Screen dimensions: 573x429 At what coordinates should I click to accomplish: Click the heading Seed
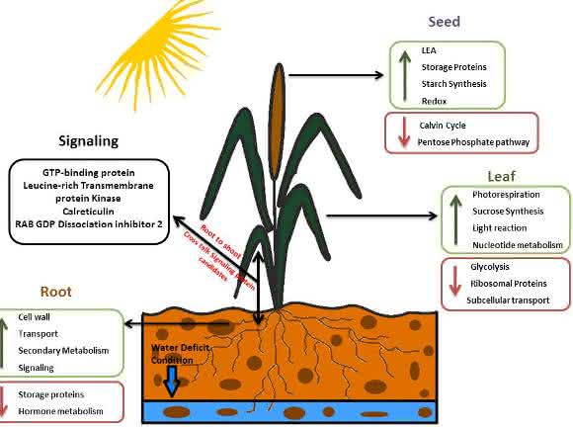444,22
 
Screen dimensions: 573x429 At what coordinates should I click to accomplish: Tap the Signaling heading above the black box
89,141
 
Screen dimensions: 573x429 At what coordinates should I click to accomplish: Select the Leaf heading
502,176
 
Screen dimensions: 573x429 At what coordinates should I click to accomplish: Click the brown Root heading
56,292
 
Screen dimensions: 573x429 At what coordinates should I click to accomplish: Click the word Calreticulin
89,212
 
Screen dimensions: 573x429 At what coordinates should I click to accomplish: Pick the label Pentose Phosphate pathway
473,142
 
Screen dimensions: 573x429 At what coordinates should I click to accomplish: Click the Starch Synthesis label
453,84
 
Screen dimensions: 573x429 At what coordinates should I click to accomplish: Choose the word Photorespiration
506,195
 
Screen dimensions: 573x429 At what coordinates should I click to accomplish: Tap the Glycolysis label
490,267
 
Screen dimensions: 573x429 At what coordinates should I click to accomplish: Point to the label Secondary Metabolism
63,351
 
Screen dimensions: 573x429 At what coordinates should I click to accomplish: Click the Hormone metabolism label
60,411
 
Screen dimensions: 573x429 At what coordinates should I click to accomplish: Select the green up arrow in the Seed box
404,75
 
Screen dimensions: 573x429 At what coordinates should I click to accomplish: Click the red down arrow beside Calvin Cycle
404,132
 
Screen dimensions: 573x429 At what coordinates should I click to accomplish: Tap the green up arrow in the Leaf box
455,219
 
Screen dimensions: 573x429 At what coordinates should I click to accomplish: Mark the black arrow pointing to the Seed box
336,75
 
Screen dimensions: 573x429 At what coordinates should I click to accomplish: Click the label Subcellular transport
508,300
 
